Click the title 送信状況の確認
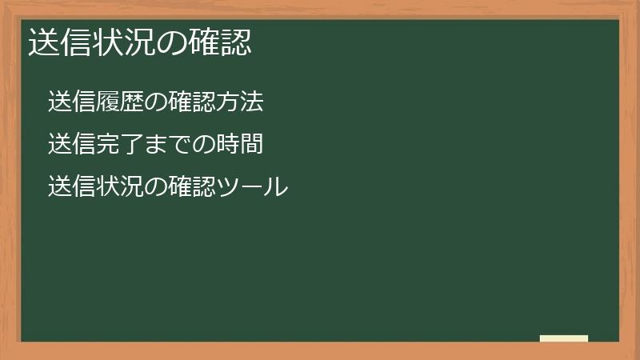point(140,42)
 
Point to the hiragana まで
point(168,145)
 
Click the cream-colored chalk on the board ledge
point(564,338)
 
